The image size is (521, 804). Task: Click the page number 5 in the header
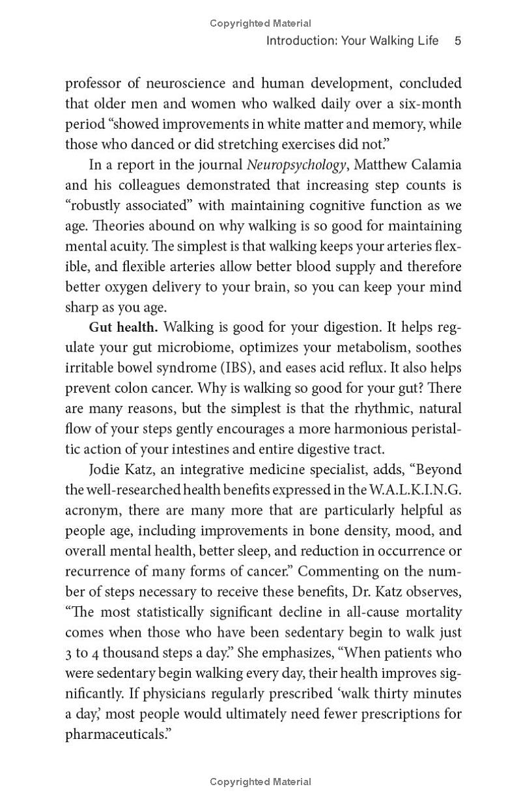pyautogui.click(x=458, y=41)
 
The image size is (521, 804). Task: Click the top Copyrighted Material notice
pyautogui.click(x=260, y=23)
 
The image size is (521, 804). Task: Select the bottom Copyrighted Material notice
pyautogui.click(x=260, y=782)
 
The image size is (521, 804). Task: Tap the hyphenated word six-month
pyautogui.click(x=431, y=104)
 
